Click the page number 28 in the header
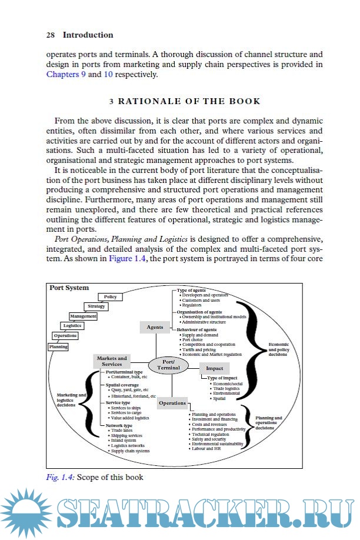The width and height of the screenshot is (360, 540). point(50,35)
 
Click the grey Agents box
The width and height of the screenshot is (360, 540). point(155,327)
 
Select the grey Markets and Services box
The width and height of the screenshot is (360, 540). point(112,361)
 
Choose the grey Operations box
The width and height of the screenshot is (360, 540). point(172,404)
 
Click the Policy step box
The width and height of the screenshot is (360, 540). point(110,297)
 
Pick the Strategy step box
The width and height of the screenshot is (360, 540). point(96,306)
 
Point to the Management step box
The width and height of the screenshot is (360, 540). point(82,316)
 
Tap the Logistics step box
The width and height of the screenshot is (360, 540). point(72,326)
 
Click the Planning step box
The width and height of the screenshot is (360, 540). point(58,346)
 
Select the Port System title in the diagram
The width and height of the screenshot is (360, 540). point(69,288)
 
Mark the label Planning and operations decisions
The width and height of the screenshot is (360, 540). point(268,424)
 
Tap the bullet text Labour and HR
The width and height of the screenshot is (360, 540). point(207,448)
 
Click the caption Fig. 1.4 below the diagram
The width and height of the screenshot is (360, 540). point(61,478)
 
